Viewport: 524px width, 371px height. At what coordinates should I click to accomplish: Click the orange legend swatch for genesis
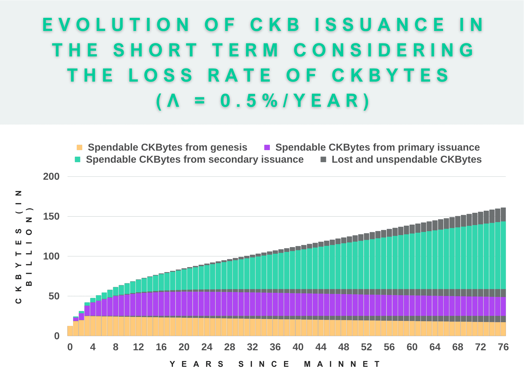click(x=79, y=147)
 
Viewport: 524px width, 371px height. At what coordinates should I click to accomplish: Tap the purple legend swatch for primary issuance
click(x=267, y=147)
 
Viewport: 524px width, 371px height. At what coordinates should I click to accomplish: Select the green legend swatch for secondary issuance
click(x=78, y=160)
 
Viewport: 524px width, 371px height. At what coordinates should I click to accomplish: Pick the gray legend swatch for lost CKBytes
click(x=323, y=160)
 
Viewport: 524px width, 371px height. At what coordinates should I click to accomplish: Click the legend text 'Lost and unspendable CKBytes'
click(x=406, y=160)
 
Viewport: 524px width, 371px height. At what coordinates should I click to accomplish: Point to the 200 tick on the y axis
click(x=51, y=177)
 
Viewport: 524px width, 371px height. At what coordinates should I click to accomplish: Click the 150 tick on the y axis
click(x=51, y=216)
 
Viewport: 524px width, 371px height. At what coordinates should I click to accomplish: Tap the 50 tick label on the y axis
click(x=54, y=296)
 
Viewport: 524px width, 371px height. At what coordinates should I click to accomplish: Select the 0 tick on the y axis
click(x=57, y=336)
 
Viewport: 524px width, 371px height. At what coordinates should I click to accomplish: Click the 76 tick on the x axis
click(x=503, y=347)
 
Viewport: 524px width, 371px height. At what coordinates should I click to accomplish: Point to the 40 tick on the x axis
click(x=298, y=347)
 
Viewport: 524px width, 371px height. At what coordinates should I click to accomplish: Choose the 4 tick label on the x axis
click(x=93, y=347)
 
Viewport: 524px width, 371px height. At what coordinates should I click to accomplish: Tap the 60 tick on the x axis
click(x=412, y=347)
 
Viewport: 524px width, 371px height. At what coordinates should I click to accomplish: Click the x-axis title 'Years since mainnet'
click(x=275, y=364)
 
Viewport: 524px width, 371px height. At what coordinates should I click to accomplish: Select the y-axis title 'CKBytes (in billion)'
click(x=24, y=247)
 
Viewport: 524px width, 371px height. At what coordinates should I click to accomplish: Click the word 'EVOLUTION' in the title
click(x=117, y=25)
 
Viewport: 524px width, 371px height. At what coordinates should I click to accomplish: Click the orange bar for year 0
click(x=70, y=331)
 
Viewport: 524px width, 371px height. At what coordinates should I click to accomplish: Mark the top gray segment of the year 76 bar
click(x=503, y=215)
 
